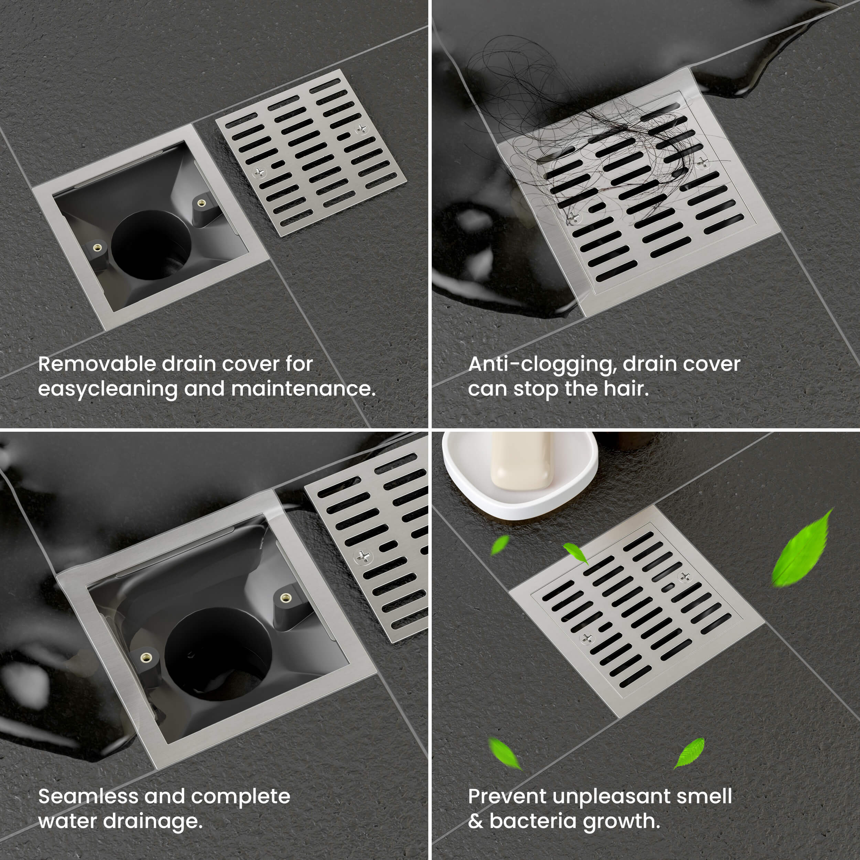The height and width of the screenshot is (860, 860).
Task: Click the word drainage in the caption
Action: (x=153, y=822)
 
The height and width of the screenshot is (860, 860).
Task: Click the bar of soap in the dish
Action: (x=522, y=461)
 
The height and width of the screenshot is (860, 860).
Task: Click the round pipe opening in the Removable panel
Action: (x=151, y=245)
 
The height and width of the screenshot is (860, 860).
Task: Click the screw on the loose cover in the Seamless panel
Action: (x=363, y=556)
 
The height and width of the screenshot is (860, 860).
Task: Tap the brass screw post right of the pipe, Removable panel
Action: (x=202, y=203)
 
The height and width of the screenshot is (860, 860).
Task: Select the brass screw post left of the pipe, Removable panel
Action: (x=97, y=247)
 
